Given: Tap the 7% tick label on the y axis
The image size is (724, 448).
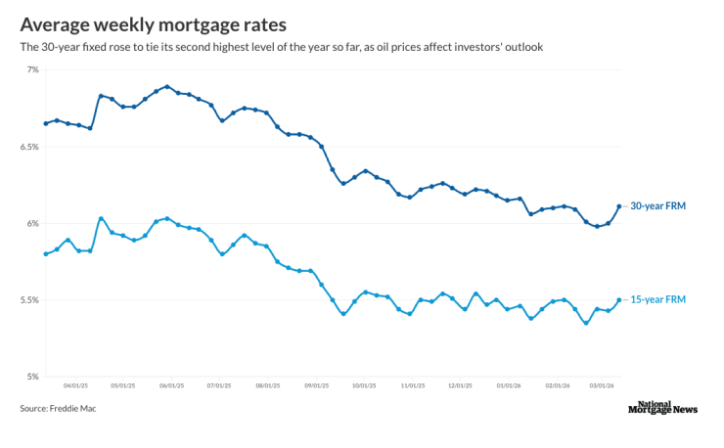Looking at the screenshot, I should coord(32,69).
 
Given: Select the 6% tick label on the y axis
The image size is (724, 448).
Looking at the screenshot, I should coord(32,223).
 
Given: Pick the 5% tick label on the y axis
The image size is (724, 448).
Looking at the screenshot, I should coord(32,377).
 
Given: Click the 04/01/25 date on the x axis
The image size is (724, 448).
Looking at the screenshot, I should coord(74,386).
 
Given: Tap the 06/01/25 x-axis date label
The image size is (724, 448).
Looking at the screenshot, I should coord(171,386).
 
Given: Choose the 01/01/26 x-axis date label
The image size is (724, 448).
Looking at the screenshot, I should coord(509,386).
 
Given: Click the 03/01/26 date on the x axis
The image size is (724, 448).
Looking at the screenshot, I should coord(602,386).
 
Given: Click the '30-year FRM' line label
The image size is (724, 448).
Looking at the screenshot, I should coord(656,206).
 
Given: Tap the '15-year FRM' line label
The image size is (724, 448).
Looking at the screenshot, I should coord(656,300).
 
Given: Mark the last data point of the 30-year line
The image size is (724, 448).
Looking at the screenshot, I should coord(618,206).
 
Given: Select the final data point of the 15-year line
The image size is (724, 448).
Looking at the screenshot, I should coord(618,300).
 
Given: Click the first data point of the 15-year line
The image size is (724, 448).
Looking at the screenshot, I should coord(46,254).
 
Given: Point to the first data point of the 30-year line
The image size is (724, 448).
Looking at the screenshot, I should coord(46,123).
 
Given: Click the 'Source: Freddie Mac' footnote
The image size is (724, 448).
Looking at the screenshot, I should coord(58,408).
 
